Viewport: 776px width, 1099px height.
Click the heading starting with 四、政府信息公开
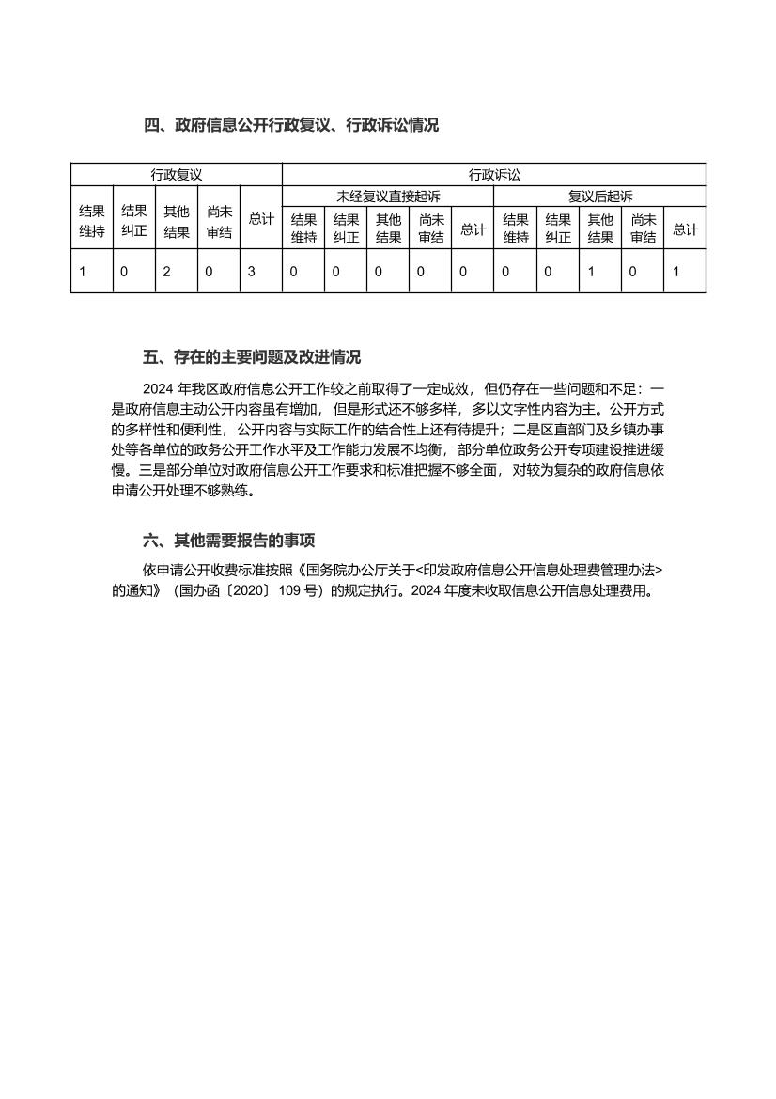tap(291, 124)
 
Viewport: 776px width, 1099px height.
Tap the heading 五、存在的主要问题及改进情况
tap(252, 357)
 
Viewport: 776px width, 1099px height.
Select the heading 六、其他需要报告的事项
tap(229, 540)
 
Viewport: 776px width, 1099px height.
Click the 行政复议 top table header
tap(177, 174)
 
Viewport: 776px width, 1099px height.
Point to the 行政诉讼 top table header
tap(494, 174)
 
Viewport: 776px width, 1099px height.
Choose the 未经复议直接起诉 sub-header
tap(388, 196)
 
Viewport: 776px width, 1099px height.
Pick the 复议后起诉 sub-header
tap(600, 196)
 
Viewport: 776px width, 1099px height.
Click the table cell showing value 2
tap(167, 272)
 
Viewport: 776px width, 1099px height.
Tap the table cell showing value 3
tap(252, 272)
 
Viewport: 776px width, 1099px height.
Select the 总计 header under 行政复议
tap(261, 219)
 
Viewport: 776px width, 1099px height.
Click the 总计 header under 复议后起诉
tap(685, 229)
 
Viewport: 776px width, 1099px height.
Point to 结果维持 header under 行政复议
tap(92, 220)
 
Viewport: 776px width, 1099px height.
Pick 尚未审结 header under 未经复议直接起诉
tap(430, 229)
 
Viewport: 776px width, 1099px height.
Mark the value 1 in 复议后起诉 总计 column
tap(675, 272)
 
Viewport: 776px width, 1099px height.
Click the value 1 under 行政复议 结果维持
tap(83, 272)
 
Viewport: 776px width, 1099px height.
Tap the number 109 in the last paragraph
tap(290, 591)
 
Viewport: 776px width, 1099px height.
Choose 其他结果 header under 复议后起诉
tap(600, 229)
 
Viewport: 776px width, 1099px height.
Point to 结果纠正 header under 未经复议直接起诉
tap(346, 229)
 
